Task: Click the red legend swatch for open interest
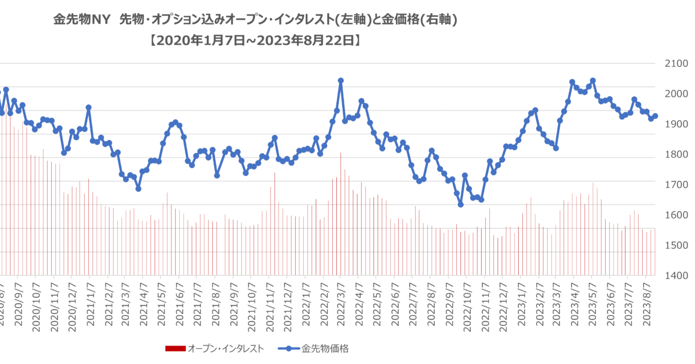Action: point(175,348)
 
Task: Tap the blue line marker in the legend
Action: point(289,348)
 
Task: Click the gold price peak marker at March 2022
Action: point(340,81)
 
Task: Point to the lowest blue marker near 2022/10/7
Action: point(461,205)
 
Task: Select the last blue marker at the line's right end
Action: point(655,116)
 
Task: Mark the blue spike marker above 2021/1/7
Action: point(88,107)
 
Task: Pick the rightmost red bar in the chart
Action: point(655,252)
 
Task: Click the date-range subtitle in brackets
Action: point(256,41)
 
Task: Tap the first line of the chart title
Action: point(256,20)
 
